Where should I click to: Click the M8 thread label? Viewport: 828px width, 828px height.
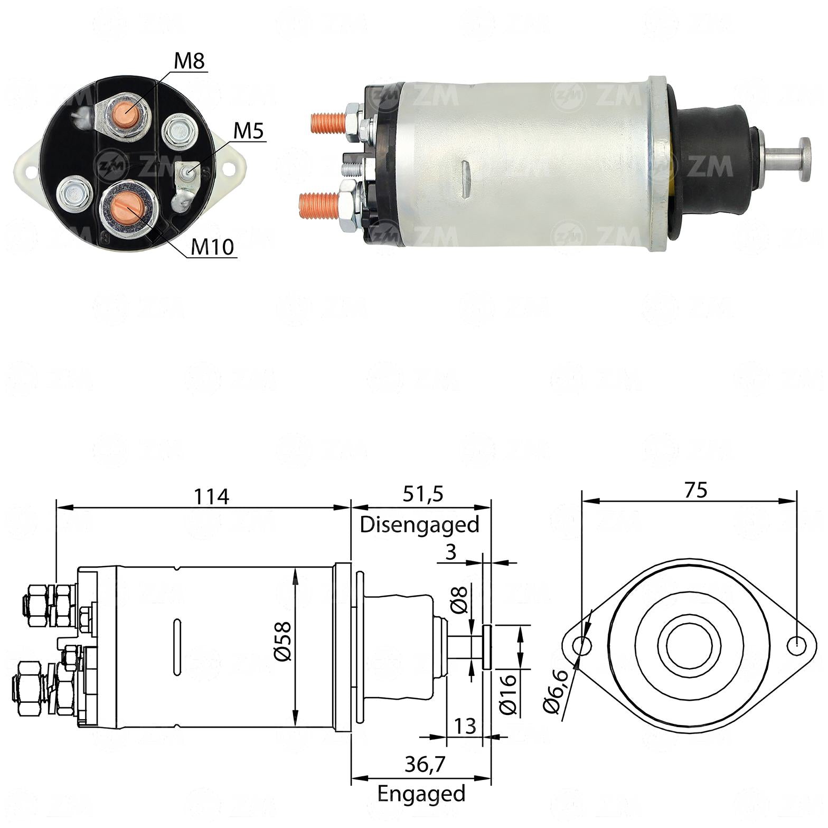pos(189,61)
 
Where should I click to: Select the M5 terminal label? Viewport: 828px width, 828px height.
pos(249,131)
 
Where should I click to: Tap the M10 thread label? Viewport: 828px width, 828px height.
pos(212,247)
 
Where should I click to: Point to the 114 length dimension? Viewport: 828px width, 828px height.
pos(211,496)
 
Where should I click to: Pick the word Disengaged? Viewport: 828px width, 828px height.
pos(420,524)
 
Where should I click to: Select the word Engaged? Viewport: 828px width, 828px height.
pos(421,794)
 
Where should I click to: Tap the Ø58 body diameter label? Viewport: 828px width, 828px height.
pos(282,641)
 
